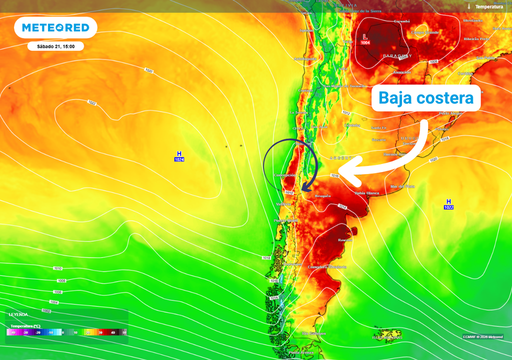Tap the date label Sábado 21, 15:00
[55, 46]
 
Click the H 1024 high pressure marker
[179, 156]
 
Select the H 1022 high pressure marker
[448, 204]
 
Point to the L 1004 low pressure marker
[365, 39]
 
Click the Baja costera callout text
[425, 98]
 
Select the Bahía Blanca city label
[366, 192]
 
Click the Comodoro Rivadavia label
[327, 267]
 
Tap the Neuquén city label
[322, 196]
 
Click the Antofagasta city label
[305, 59]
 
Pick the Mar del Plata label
[402, 186]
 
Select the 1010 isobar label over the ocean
[58, 268]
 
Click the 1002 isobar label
[46, 311]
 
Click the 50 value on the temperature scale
[124, 332]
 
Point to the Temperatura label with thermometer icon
[485, 6]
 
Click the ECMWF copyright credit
[482, 336]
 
